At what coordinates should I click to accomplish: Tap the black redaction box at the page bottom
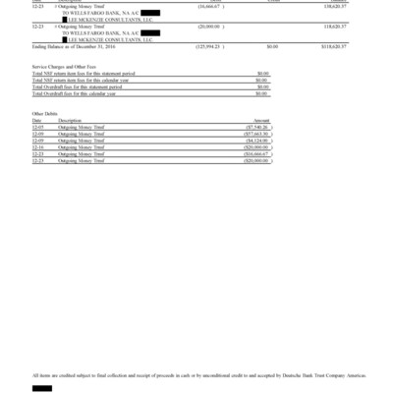tap(41, 389)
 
